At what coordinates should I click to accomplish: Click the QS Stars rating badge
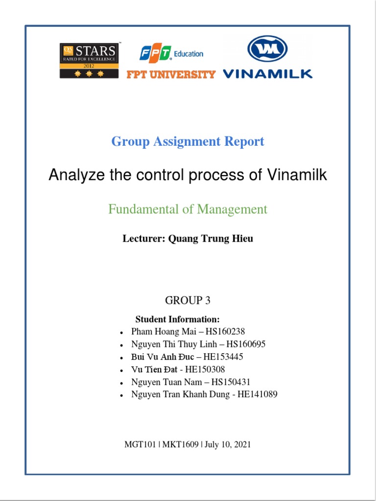coord(89,61)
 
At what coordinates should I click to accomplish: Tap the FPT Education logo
coord(171,53)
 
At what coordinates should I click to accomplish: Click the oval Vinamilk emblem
coord(267,49)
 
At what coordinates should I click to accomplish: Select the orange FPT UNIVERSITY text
coord(171,74)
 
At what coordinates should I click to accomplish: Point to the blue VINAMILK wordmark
coord(267,74)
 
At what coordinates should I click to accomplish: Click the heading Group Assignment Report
coord(188,142)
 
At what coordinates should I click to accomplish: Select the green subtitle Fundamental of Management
coord(188,209)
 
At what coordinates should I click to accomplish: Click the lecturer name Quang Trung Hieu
coord(211,239)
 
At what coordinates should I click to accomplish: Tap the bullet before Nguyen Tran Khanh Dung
coord(121,395)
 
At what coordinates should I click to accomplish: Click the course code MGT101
coord(141,445)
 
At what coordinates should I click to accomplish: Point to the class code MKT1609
coord(181,445)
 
